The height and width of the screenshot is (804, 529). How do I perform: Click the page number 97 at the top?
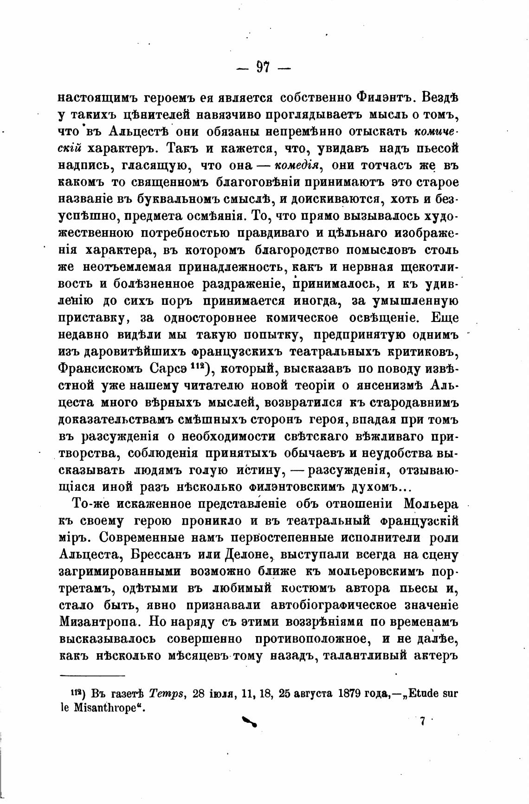pos(263,68)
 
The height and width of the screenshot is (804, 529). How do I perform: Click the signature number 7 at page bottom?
pos(422,721)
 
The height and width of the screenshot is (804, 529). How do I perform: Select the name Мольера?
pos(431,504)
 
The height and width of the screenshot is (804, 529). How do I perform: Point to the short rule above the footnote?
pos(93,676)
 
